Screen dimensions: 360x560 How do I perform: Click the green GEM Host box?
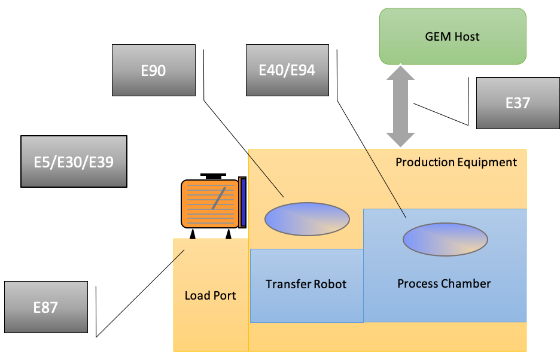pos(452,36)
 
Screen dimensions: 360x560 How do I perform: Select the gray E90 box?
pos(154,71)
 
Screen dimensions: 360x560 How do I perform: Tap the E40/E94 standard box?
pos(287,71)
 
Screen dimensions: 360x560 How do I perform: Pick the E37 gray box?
pos(518,103)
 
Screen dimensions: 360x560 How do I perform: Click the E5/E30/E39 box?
pos(74,161)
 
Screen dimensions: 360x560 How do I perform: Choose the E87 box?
pos(45,307)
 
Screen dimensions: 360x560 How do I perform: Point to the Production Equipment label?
pos(456,162)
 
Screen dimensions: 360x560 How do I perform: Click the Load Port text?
pos(210,295)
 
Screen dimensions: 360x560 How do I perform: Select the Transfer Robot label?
pos(306,284)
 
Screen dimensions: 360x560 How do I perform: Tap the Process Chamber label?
pos(444,283)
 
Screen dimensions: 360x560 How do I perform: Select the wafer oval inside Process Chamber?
pos(445,239)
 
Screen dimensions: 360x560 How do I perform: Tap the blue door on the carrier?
pos(242,202)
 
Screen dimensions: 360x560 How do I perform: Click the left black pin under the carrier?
pos(193,234)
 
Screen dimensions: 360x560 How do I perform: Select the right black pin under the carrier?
pos(229,234)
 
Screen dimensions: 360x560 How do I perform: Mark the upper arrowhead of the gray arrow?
pos(400,73)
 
